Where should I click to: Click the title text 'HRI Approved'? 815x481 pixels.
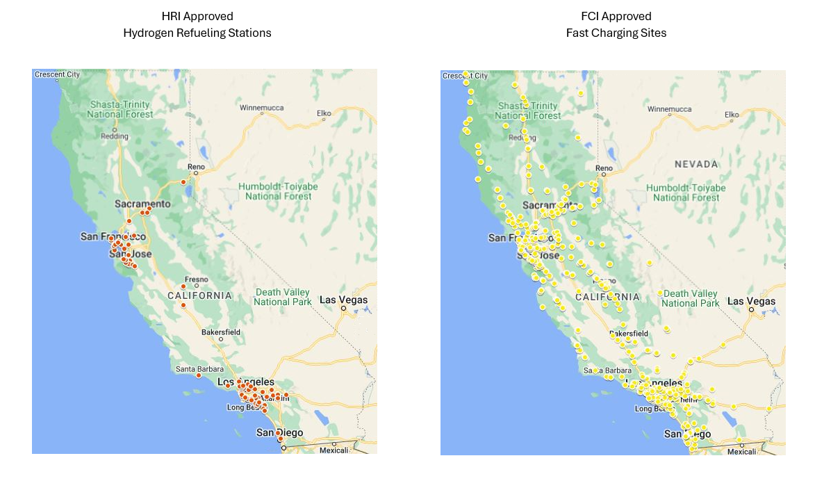point(197,16)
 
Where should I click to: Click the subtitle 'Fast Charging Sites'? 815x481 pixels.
point(616,33)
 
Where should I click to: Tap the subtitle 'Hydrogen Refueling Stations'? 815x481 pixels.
point(197,33)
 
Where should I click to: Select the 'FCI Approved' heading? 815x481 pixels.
point(616,16)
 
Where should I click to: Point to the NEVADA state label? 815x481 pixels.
point(696,164)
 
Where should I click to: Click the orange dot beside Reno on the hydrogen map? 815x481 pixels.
point(183,182)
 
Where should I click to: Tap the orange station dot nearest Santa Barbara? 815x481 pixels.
point(199,375)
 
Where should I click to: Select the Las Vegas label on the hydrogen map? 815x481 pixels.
point(343,300)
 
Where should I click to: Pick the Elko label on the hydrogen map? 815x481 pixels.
point(324,113)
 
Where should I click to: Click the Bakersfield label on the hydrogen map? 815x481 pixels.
point(221,332)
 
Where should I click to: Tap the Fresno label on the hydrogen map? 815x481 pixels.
point(197,279)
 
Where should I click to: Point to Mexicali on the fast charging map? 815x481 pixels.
point(742,451)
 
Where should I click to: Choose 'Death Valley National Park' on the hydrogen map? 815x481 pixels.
point(283,297)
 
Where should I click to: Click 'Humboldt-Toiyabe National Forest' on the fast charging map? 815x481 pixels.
point(686,193)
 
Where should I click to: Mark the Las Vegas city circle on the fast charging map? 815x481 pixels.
point(751,309)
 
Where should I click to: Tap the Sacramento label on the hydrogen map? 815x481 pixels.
point(142,204)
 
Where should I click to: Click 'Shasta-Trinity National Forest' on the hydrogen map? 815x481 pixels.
point(120,109)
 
